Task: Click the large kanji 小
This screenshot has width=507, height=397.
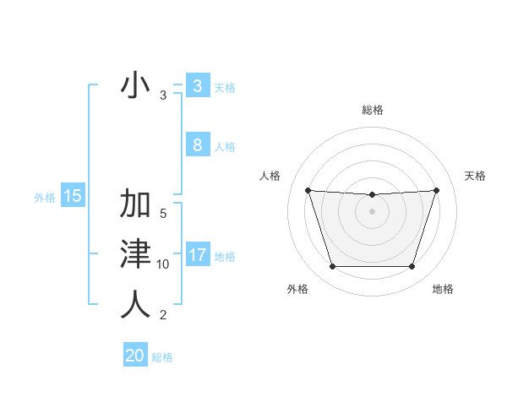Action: click(x=135, y=86)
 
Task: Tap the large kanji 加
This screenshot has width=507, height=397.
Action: click(x=135, y=204)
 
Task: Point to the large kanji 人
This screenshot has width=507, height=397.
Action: click(x=135, y=303)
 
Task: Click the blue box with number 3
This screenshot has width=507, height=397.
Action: click(x=197, y=86)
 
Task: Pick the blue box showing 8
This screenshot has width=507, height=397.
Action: click(x=197, y=144)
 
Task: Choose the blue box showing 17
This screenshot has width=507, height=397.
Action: click(x=197, y=254)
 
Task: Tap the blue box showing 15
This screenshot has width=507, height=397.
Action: click(x=73, y=197)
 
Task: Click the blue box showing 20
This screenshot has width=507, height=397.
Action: click(x=135, y=356)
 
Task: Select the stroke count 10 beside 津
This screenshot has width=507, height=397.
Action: click(x=163, y=264)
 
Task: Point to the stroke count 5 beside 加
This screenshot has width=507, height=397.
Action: click(x=163, y=215)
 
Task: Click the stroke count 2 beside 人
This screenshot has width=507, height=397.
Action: click(x=163, y=315)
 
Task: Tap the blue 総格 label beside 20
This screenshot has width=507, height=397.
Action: click(x=163, y=357)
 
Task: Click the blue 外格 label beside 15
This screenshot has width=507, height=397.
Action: click(x=45, y=198)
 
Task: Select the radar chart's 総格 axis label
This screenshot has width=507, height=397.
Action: click(x=373, y=110)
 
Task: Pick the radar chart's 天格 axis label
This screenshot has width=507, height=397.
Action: click(x=476, y=176)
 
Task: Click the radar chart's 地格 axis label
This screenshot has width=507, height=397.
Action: click(x=443, y=289)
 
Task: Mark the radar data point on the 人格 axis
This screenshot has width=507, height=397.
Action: click(x=308, y=191)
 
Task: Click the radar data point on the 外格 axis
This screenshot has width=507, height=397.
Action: click(x=332, y=267)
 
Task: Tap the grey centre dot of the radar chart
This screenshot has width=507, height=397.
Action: click(x=372, y=211)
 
